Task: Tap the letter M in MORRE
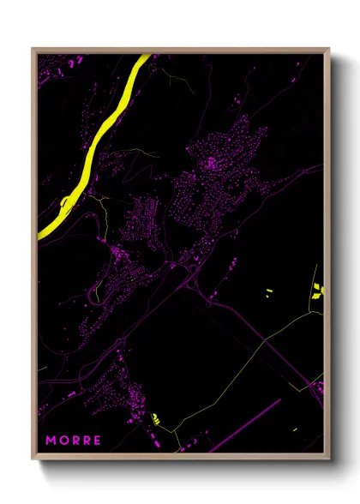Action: [x=51, y=440]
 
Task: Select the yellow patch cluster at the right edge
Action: [x=319, y=290]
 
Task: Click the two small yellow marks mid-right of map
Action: [x=267, y=293]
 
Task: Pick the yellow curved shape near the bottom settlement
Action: [x=156, y=418]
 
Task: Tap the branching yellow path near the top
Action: [x=176, y=81]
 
